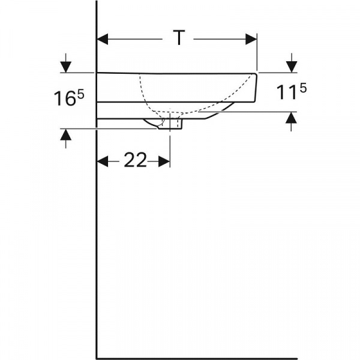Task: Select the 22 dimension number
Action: tap(135, 160)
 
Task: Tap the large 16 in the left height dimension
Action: tap(65, 99)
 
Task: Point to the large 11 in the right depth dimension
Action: tap(287, 92)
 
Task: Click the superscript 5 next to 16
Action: tap(81, 94)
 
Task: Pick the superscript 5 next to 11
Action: tap(303, 88)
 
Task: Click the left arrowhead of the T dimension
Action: tap(103, 39)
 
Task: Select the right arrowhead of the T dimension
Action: tap(251, 39)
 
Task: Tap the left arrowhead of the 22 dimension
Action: tap(103, 161)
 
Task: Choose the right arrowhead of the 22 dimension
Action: tap(164, 161)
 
